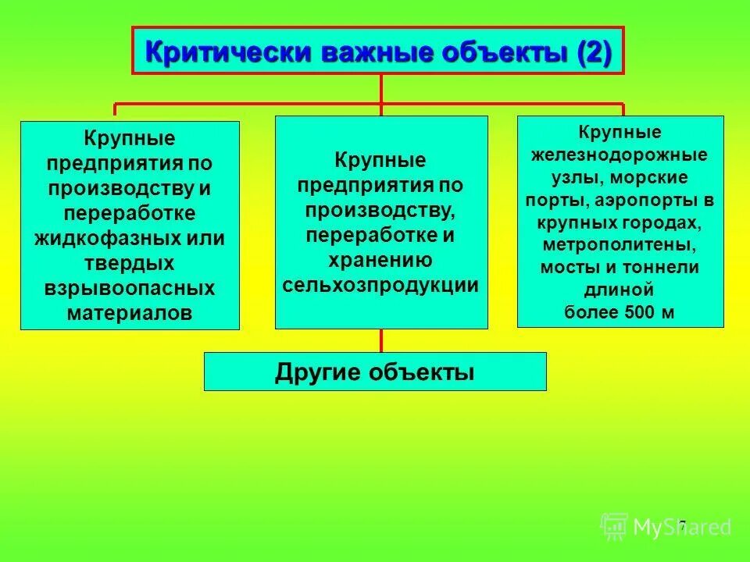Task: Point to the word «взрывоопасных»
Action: pos(130,288)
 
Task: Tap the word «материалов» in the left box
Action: pos(130,312)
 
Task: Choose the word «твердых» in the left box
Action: pos(130,263)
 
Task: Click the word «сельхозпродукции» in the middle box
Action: pos(380,285)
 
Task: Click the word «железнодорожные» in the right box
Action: pos(620,154)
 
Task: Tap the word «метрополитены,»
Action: pos(620,244)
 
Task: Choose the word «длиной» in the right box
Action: pos(620,290)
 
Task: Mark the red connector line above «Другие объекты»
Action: pos(381,340)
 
